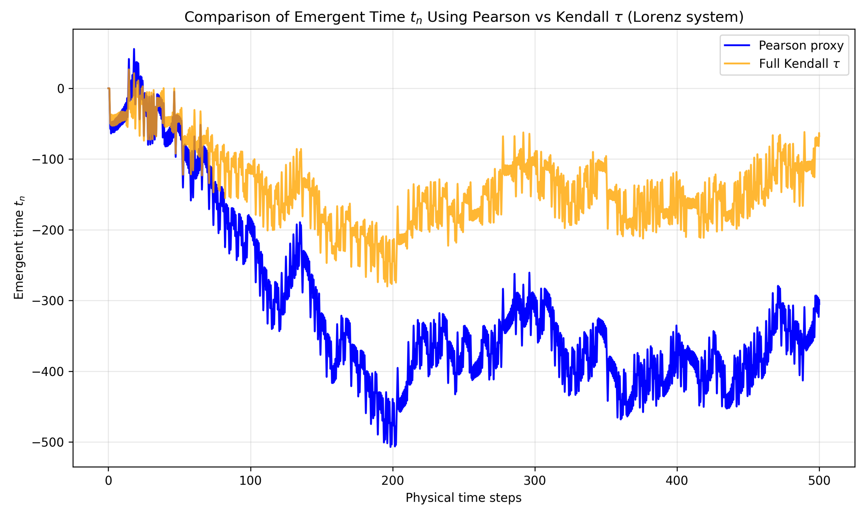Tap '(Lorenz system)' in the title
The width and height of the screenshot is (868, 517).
(685, 17)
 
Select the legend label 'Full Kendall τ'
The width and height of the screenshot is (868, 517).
(799, 64)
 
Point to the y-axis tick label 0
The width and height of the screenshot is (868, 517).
(61, 89)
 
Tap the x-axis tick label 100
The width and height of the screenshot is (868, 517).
(250, 481)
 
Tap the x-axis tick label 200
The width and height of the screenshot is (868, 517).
(393, 481)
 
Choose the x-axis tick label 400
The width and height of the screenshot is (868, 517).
(677, 481)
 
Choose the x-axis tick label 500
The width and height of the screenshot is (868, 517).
(819, 481)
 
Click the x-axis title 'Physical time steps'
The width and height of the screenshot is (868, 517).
(463, 498)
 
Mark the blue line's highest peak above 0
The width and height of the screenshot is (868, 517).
(134, 49)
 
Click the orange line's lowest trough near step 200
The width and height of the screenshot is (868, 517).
(387, 286)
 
